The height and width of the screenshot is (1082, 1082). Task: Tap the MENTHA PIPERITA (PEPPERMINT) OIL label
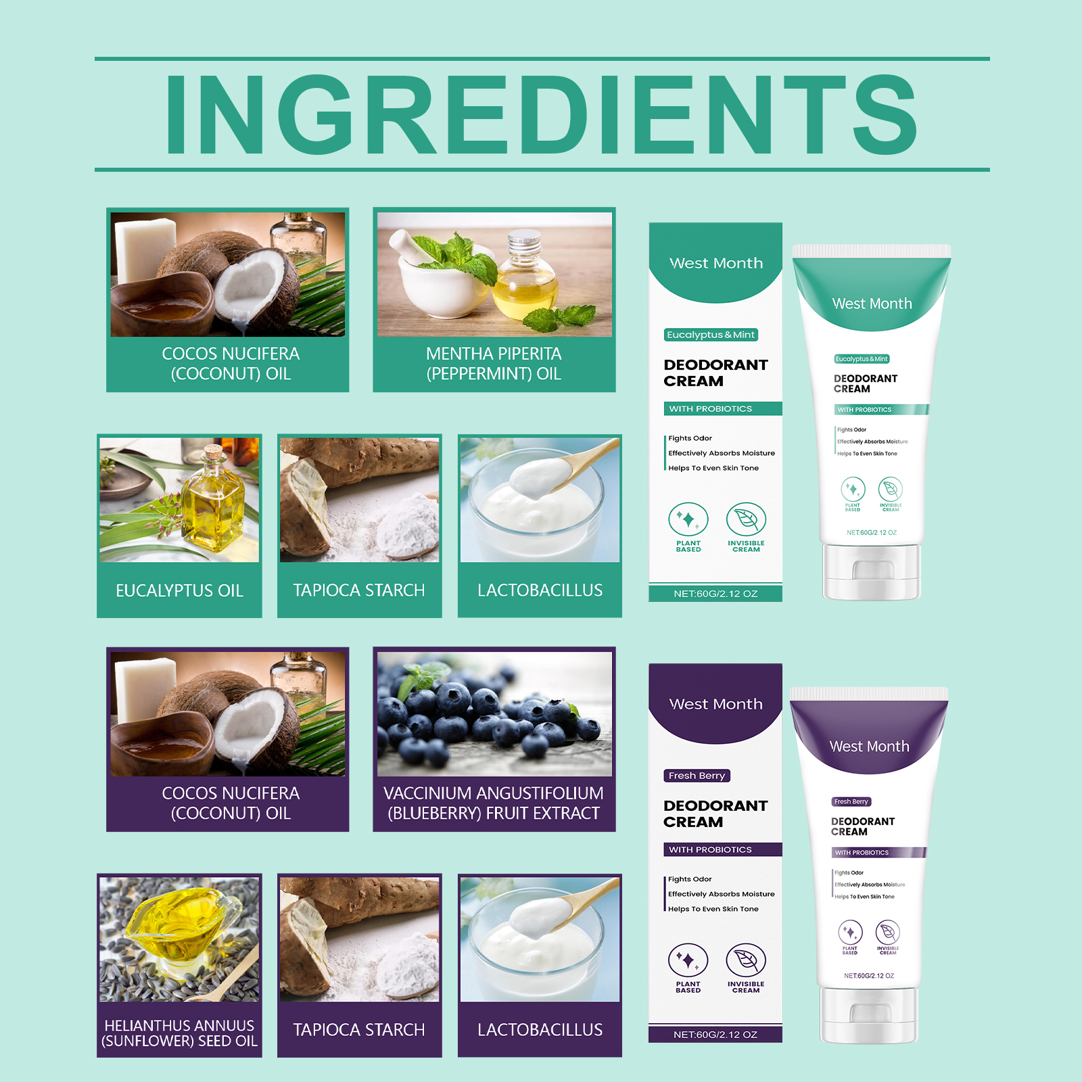494,364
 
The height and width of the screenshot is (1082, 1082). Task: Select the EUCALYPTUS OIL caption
179,590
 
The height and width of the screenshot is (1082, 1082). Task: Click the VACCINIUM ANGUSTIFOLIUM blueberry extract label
494,803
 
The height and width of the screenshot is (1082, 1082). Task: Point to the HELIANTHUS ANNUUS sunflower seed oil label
179,1033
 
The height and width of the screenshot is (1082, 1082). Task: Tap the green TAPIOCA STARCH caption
359,590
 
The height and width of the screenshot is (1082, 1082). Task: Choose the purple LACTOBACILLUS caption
540,1030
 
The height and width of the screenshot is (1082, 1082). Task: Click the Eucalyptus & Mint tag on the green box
711,335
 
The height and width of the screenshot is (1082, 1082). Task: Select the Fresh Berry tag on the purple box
697,776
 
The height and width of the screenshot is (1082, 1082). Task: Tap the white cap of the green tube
872,572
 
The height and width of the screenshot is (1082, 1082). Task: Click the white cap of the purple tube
869,1015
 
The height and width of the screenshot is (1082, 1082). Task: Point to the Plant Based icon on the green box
688,519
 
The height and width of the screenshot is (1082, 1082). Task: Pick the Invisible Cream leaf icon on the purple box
746,960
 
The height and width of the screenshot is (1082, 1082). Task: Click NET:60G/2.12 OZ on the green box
715,594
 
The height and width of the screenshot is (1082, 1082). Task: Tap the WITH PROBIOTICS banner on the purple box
715,849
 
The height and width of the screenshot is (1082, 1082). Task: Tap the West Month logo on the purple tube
869,747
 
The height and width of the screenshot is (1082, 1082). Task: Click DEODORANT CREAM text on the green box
715,373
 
